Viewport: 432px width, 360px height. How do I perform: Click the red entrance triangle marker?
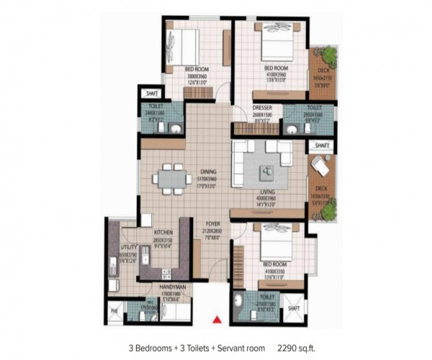tap(215, 319)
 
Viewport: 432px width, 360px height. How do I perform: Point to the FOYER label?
tap(214, 223)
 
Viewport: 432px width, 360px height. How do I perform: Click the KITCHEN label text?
tap(163, 233)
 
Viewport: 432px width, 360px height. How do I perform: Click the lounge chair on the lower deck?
tap(320, 167)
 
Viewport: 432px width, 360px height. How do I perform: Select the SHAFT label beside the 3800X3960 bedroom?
tap(151, 93)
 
